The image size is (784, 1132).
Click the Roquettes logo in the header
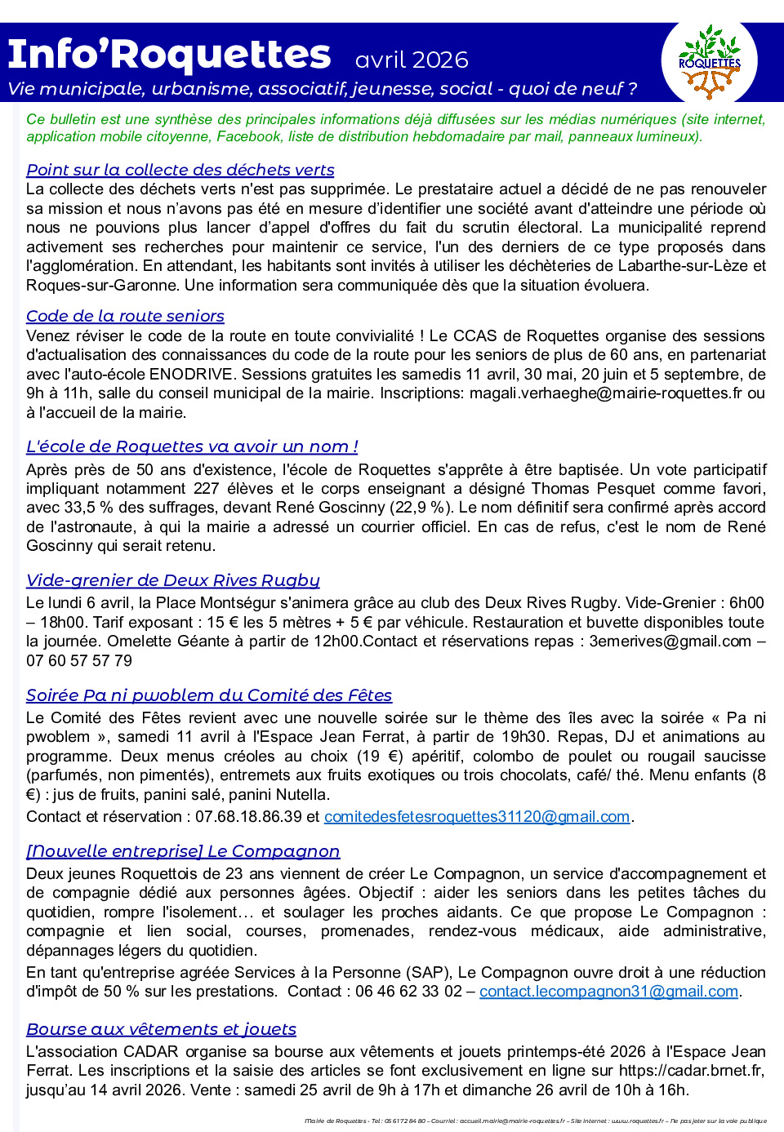[709, 62]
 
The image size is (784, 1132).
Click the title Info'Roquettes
[169, 55]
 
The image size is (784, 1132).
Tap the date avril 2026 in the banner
[412, 60]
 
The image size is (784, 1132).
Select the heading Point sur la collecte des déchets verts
[180, 170]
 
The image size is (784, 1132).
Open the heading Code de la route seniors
[125, 316]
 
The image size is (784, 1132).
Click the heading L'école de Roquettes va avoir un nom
[192, 446]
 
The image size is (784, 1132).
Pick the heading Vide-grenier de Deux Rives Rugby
[172, 580]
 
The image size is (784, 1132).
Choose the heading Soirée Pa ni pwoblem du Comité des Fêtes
[209, 695]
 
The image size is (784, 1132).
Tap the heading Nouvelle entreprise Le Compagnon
[183, 851]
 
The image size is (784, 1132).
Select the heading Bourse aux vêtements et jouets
[161, 1029]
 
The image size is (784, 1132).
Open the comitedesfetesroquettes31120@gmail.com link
[477, 817]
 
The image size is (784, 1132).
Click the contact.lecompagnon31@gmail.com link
[608, 992]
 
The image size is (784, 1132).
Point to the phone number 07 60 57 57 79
[79, 661]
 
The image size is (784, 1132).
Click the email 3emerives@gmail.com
[670, 641]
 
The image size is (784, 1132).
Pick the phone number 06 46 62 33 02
[408, 992]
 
